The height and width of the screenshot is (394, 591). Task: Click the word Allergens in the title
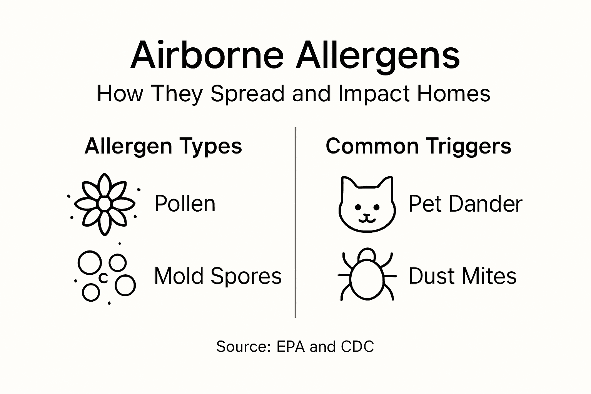point(378,56)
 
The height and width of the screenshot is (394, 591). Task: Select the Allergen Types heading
point(163,147)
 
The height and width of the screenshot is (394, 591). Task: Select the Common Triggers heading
point(418,146)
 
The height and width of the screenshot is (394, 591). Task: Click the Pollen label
point(185,204)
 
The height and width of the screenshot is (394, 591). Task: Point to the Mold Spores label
point(218,276)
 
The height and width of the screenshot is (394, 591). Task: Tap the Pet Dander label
point(465,204)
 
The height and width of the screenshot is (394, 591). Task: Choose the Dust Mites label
point(462,276)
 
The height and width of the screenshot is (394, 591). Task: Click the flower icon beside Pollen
point(105,204)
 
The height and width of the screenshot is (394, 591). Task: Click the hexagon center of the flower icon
point(105,204)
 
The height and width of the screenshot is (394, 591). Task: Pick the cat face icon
point(367,204)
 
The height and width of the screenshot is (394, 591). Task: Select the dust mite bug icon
point(367,274)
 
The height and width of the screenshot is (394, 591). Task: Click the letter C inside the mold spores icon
point(103,278)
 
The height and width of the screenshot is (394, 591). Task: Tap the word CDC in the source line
point(357,347)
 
